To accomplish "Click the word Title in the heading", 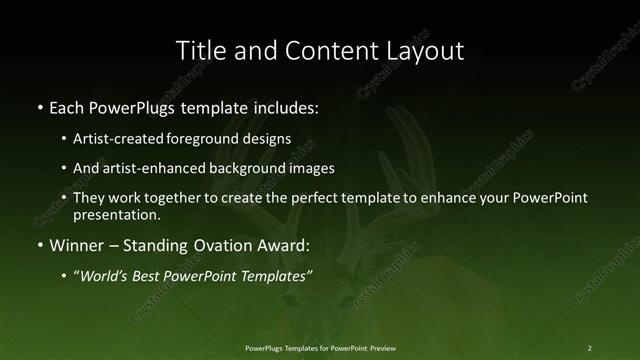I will (x=200, y=49).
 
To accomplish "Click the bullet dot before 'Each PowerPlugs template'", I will (x=39, y=105).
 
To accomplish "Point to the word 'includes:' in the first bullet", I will (x=286, y=105).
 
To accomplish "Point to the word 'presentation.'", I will (x=116, y=215).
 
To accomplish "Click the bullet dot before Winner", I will (x=39, y=245).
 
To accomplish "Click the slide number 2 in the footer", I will (x=589, y=347).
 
